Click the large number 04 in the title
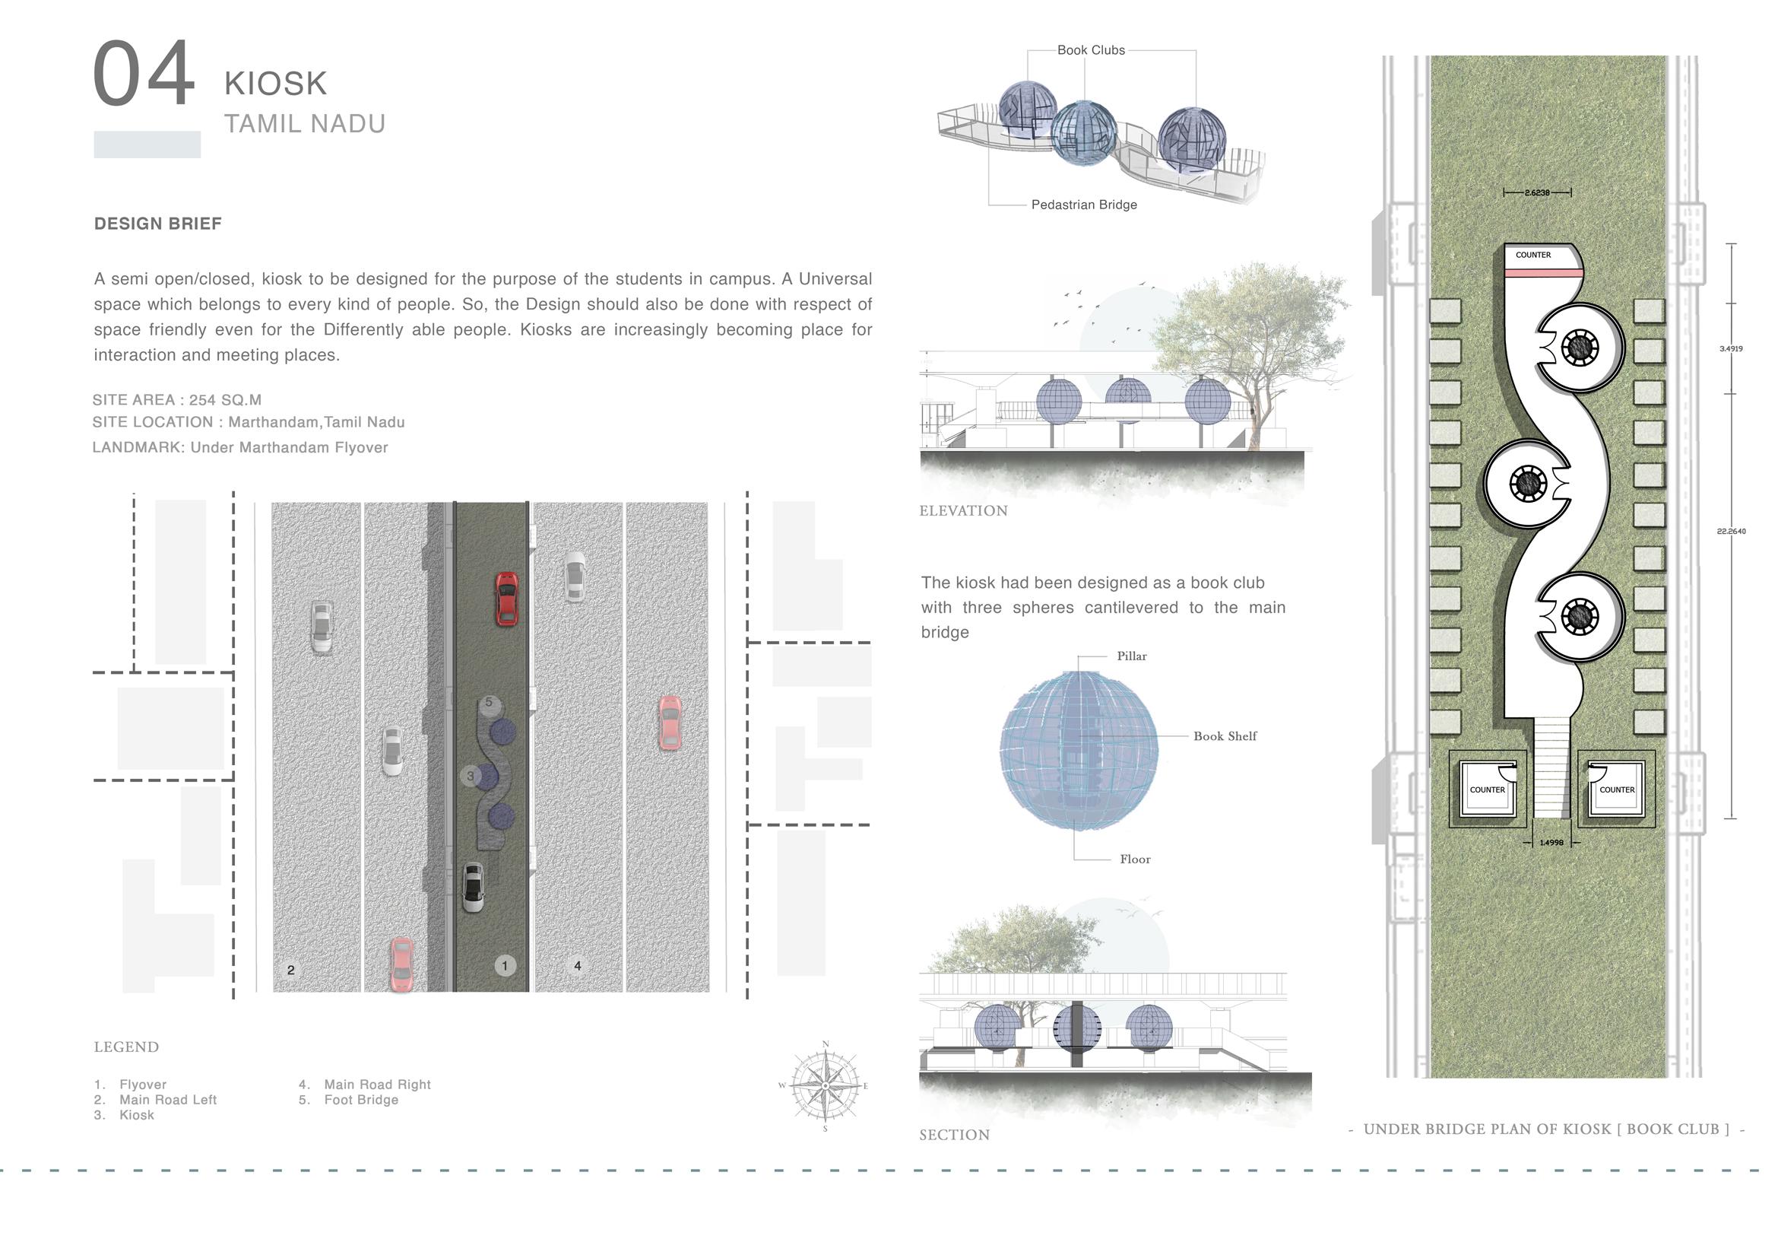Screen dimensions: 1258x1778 143,75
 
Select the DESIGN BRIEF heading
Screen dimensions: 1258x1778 158,224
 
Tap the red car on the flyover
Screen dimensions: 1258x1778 506,598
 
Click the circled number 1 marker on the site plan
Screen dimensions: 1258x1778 505,965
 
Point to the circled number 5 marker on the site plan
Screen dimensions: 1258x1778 489,703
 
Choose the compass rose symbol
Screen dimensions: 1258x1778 826,1086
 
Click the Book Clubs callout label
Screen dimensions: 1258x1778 1090,50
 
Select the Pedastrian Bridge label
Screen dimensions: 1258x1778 1083,205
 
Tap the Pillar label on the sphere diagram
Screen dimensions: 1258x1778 1131,656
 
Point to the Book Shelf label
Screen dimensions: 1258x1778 1225,736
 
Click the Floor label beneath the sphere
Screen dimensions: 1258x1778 1134,859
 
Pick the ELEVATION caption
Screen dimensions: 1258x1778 963,510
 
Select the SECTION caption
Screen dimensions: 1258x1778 954,1135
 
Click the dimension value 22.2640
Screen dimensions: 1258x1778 1731,532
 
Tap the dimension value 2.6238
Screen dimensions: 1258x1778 1537,192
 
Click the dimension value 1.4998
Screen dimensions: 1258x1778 1551,843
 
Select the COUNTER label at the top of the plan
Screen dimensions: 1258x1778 1533,255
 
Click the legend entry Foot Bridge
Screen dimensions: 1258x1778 361,1100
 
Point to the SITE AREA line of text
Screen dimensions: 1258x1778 177,400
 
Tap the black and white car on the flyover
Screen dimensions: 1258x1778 473,888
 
